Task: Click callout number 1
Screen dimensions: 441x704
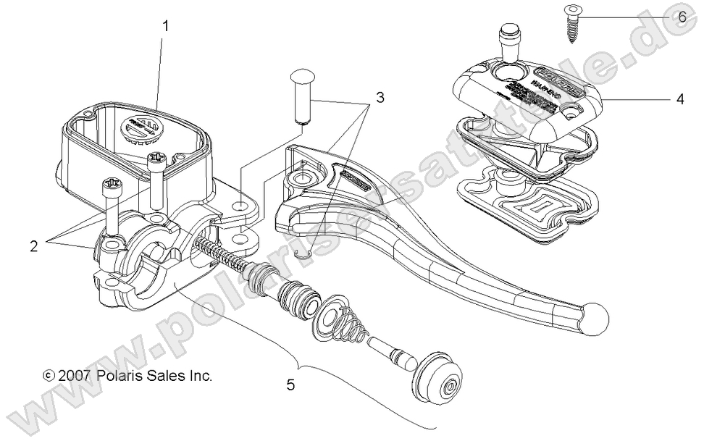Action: click(166, 27)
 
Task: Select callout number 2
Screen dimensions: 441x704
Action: click(34, 245)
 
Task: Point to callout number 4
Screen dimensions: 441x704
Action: click(679, 100)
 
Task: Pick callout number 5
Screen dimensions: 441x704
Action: click(290, 385)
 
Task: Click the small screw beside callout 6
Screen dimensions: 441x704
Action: click(567, 24)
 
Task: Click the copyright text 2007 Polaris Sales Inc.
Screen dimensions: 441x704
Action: click(127, 377)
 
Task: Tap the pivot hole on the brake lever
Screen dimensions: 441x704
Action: click(296, 177)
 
